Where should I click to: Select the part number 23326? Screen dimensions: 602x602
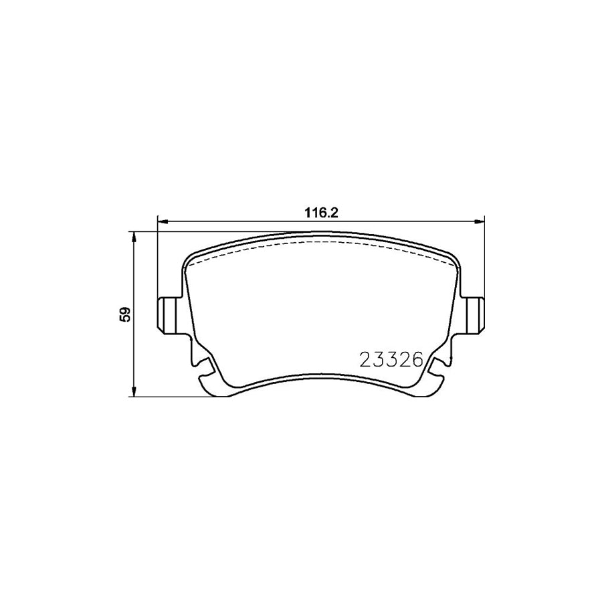click(x=391, y=361)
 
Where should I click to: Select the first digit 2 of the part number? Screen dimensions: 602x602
click(x=367, y=361)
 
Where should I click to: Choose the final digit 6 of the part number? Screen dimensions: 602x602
click(x=415, y=361)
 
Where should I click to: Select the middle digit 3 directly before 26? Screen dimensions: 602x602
click(x=391, y=361)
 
